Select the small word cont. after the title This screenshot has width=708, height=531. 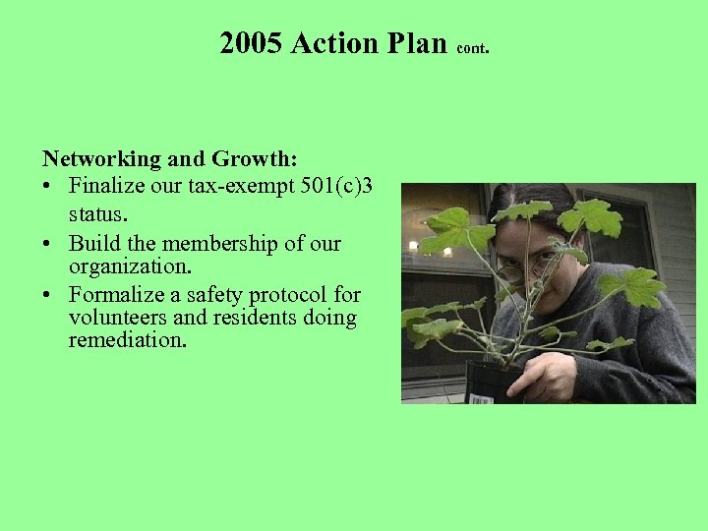476,46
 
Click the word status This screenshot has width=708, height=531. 98,210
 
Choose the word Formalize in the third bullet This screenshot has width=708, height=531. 120,294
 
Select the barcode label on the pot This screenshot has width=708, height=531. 482,398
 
